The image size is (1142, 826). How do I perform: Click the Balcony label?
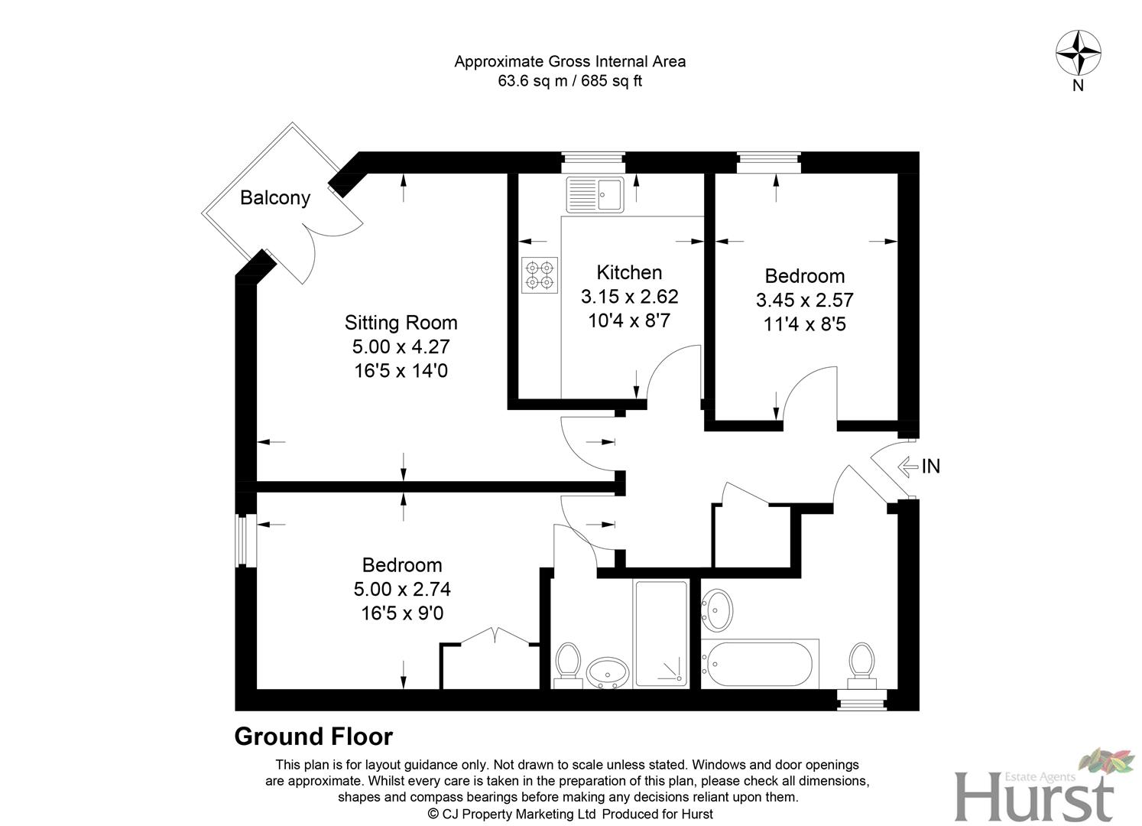coord(275,197)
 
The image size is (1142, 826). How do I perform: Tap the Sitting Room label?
coord(401,322)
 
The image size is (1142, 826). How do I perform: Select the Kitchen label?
coord(629,272)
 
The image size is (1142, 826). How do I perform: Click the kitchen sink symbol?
coord(595,194)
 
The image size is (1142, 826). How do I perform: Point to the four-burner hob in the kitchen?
coord(540,275)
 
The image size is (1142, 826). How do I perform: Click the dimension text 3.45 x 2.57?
coord(804,300)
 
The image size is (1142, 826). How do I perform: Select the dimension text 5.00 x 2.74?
coord(402,589)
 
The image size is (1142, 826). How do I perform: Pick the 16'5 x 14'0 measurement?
coord(401,371)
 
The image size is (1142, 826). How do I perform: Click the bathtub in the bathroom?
coord(760,664)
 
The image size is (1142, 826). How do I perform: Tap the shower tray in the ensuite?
coord(661,633)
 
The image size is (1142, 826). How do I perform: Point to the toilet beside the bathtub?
coord(861,662)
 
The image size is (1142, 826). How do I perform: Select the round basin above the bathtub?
coord(717,610)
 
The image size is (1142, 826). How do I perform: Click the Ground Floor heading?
coord(313,737)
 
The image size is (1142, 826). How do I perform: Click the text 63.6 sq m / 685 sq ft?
coord(569,81)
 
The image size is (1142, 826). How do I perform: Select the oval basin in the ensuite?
coord(608,673)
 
